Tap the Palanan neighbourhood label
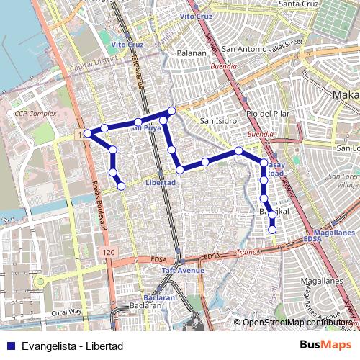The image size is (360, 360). tap(192, 53)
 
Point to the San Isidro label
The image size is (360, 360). tap(217, 120)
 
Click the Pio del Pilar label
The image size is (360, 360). tap(267, 114)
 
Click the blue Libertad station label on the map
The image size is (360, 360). tap(160, 183)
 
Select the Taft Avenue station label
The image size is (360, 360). tap(183, 271)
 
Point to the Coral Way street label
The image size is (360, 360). tap(67, 312)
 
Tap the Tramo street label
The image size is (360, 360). tap(248, 253)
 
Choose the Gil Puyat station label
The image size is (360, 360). tap(146, 128)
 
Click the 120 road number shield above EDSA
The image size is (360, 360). tap(108, 252)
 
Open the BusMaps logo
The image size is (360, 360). tap(326, 346)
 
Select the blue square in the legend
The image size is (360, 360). tap(9, 346)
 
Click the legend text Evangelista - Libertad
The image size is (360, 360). tap(73, 346)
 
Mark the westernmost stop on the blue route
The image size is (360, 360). tap(88, 133)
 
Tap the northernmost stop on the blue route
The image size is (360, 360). tap(171, 111)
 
